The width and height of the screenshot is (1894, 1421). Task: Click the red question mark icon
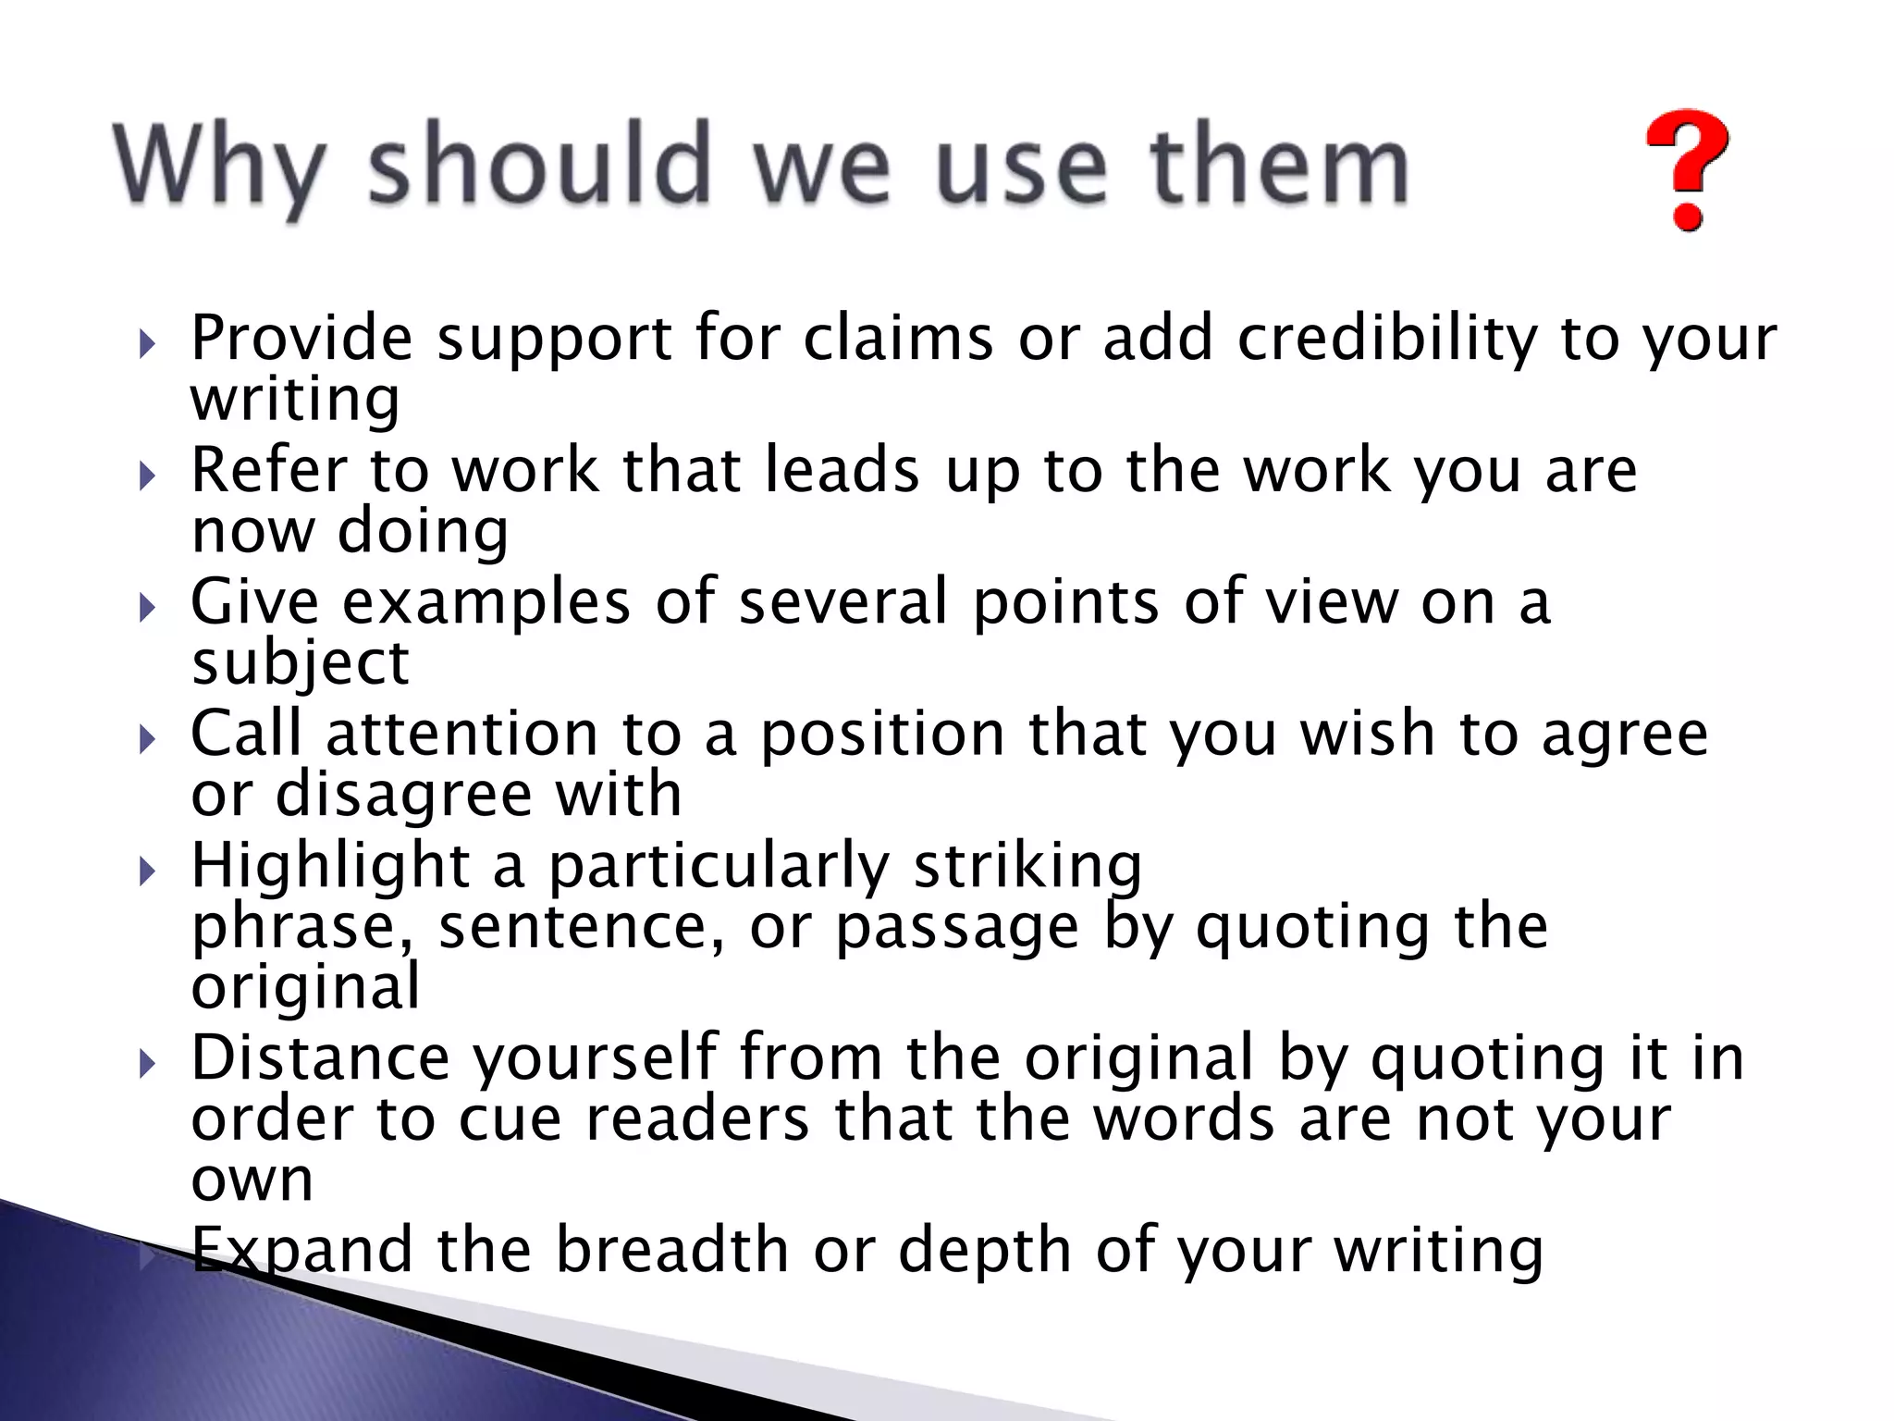pos(1687,181)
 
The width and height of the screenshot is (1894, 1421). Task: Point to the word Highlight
pos(330,867)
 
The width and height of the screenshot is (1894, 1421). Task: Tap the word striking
pos(1027,867)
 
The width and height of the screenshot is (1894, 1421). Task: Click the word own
pos(252,1180)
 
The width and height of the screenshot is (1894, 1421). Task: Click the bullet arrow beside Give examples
pos(147,609)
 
